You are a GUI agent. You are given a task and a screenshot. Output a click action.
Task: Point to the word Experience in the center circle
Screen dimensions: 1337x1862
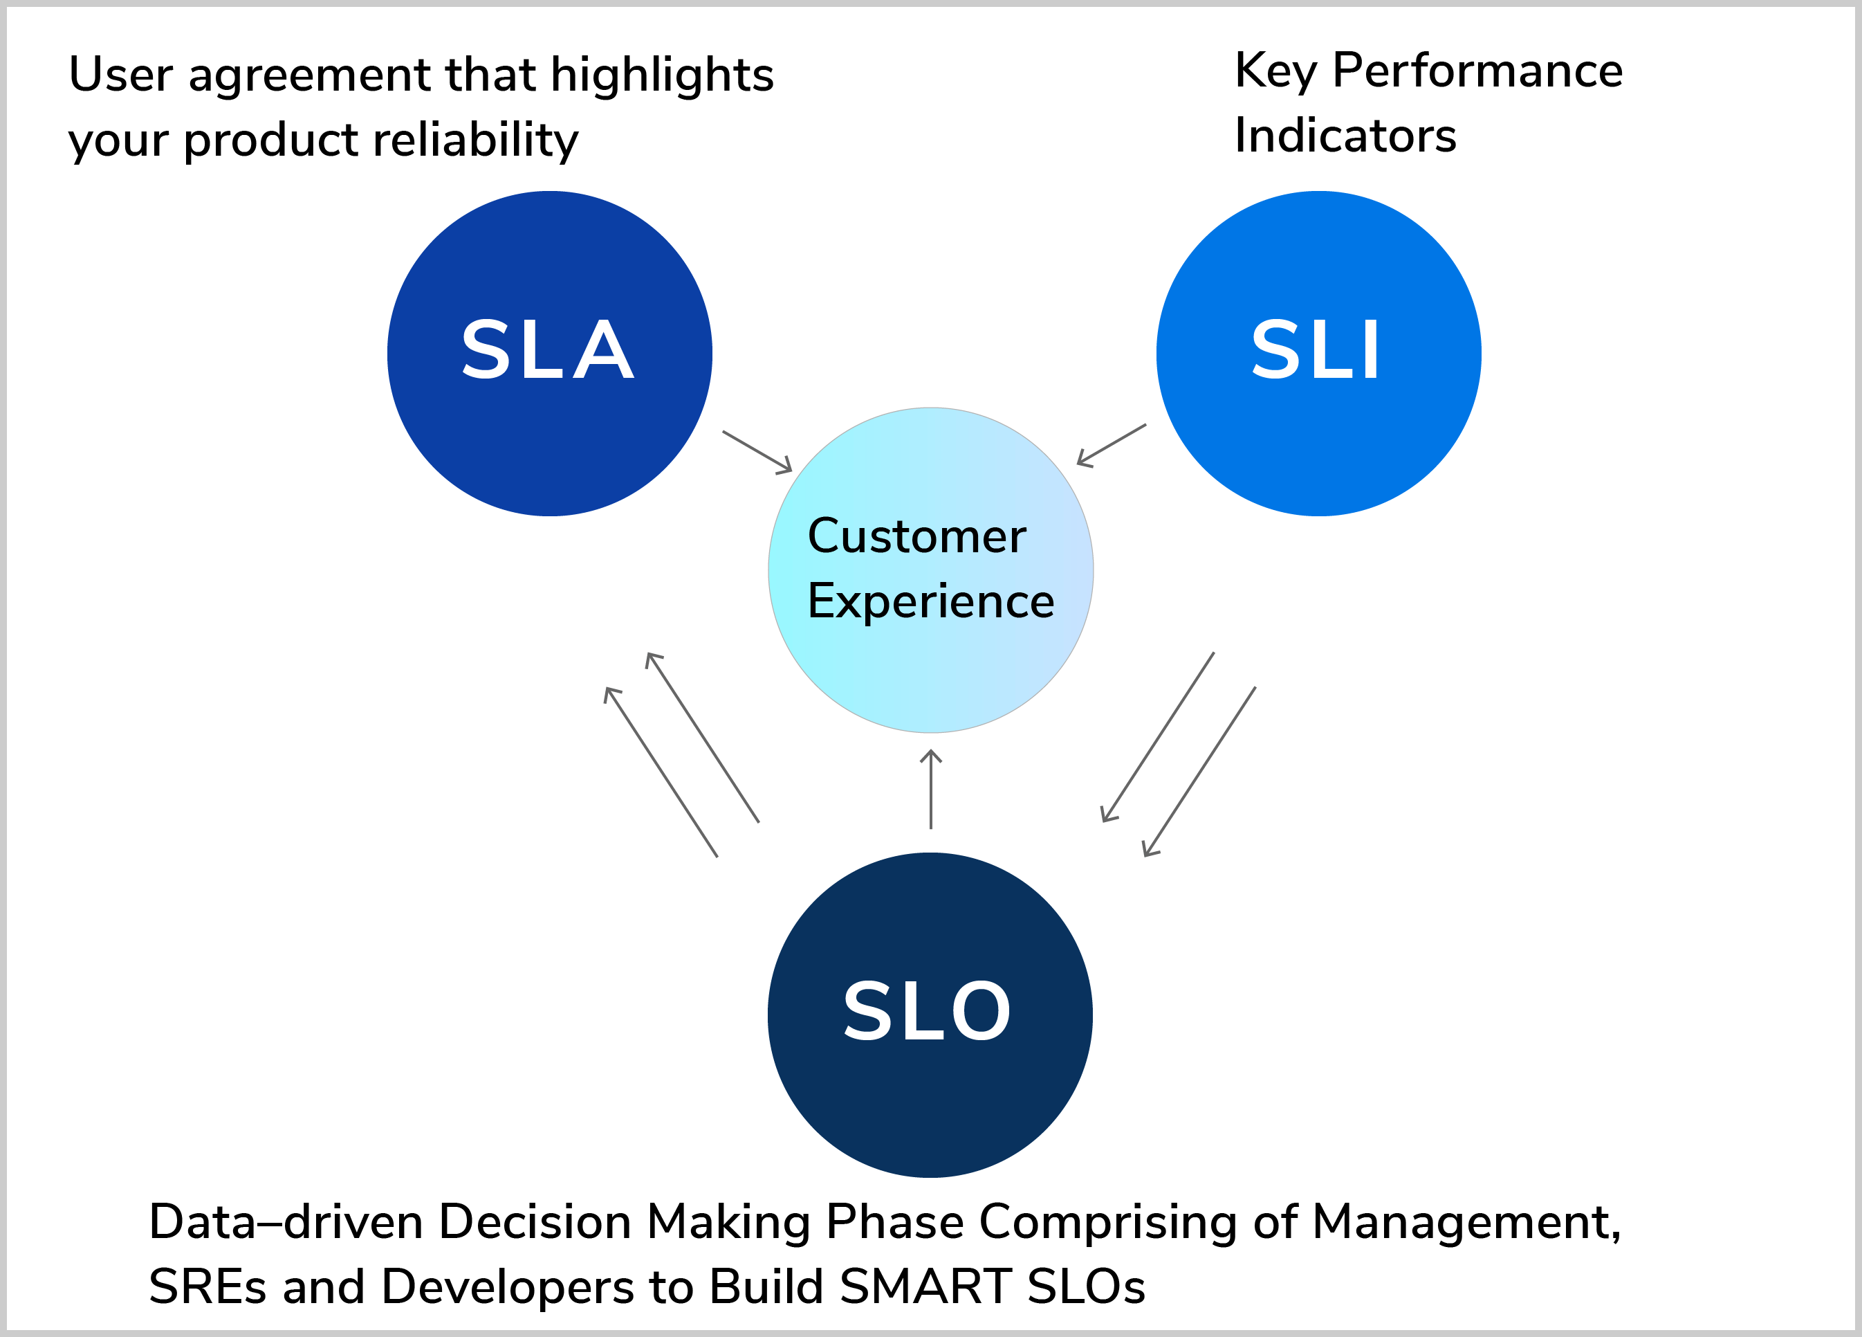[930, 601]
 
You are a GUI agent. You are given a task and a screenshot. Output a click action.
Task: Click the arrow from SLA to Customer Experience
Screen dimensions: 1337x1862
[757, 452]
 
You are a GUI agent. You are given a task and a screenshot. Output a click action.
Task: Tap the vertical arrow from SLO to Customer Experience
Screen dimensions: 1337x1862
[930, 789]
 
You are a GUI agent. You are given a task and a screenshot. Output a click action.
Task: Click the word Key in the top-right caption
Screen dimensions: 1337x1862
[1274, 71]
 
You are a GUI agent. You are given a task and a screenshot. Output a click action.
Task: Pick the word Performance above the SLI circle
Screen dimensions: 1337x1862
[1477, 71]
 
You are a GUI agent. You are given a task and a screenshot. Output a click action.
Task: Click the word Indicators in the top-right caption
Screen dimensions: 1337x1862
[1345, 136]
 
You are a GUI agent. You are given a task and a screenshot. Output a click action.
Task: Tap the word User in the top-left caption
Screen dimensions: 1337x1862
[120, 75]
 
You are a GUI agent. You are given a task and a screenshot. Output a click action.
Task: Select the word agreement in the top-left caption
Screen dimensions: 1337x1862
[309, 76]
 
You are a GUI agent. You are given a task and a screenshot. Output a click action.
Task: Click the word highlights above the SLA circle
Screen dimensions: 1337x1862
[662, 75]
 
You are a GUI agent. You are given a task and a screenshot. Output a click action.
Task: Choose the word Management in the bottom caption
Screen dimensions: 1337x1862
[1466, 1223]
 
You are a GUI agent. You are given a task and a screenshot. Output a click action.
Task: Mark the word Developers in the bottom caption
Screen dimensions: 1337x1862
[508, 1288]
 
